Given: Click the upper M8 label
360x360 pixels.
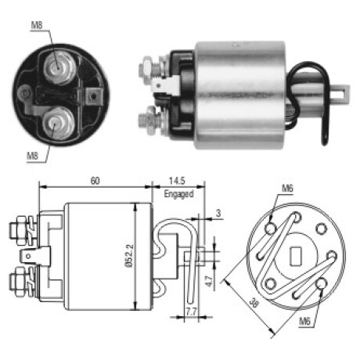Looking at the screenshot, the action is tap(37, 25).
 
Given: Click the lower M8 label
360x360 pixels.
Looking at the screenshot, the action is tap(32, 156).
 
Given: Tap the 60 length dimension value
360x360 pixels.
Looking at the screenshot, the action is tap(95, 181).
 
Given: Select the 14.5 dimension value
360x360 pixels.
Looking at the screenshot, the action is tap(177, 181).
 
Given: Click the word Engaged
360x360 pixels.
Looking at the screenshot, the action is tap(178, 194).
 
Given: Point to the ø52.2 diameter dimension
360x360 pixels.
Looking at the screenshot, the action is tap(130, 256).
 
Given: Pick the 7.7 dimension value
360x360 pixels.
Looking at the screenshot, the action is tap(191, 311).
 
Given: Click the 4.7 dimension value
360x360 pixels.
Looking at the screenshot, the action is tap(210, 280).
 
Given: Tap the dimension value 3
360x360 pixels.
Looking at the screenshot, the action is tap(218, 213).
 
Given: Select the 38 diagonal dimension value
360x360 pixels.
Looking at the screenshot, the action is tap(253, 303).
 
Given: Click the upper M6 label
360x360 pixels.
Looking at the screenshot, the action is tap(287, 189).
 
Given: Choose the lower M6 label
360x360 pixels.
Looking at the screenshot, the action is tap(304, 321).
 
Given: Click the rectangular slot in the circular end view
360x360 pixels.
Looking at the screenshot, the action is tap(296, 256).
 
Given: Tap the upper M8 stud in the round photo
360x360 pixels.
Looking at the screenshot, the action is tap(58, 67).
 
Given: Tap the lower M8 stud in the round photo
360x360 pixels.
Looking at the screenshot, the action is tap(56, 123).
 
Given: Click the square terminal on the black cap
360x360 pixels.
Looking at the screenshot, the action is tap(93, 96).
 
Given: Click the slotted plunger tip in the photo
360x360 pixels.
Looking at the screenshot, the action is tap(338, 95).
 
